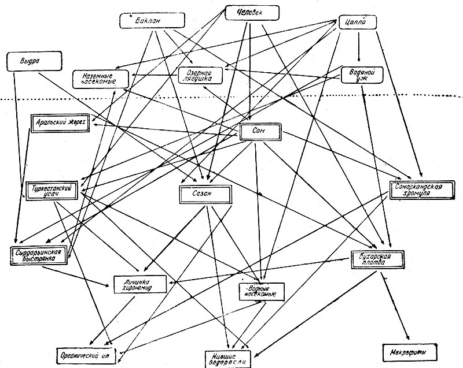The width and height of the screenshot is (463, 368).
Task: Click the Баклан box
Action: [147, 21]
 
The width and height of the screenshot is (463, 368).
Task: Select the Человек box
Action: [252, 12]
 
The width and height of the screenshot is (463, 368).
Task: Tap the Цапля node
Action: [357, 23]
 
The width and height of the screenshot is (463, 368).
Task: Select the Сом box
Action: [260, 132]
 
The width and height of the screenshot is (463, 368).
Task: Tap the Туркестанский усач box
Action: [53, 191]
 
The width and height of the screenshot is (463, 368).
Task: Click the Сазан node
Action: [205, 194]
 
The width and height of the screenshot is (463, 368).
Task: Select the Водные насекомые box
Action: [262, 291]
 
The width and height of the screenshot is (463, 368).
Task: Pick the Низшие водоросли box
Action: [229, 358]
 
